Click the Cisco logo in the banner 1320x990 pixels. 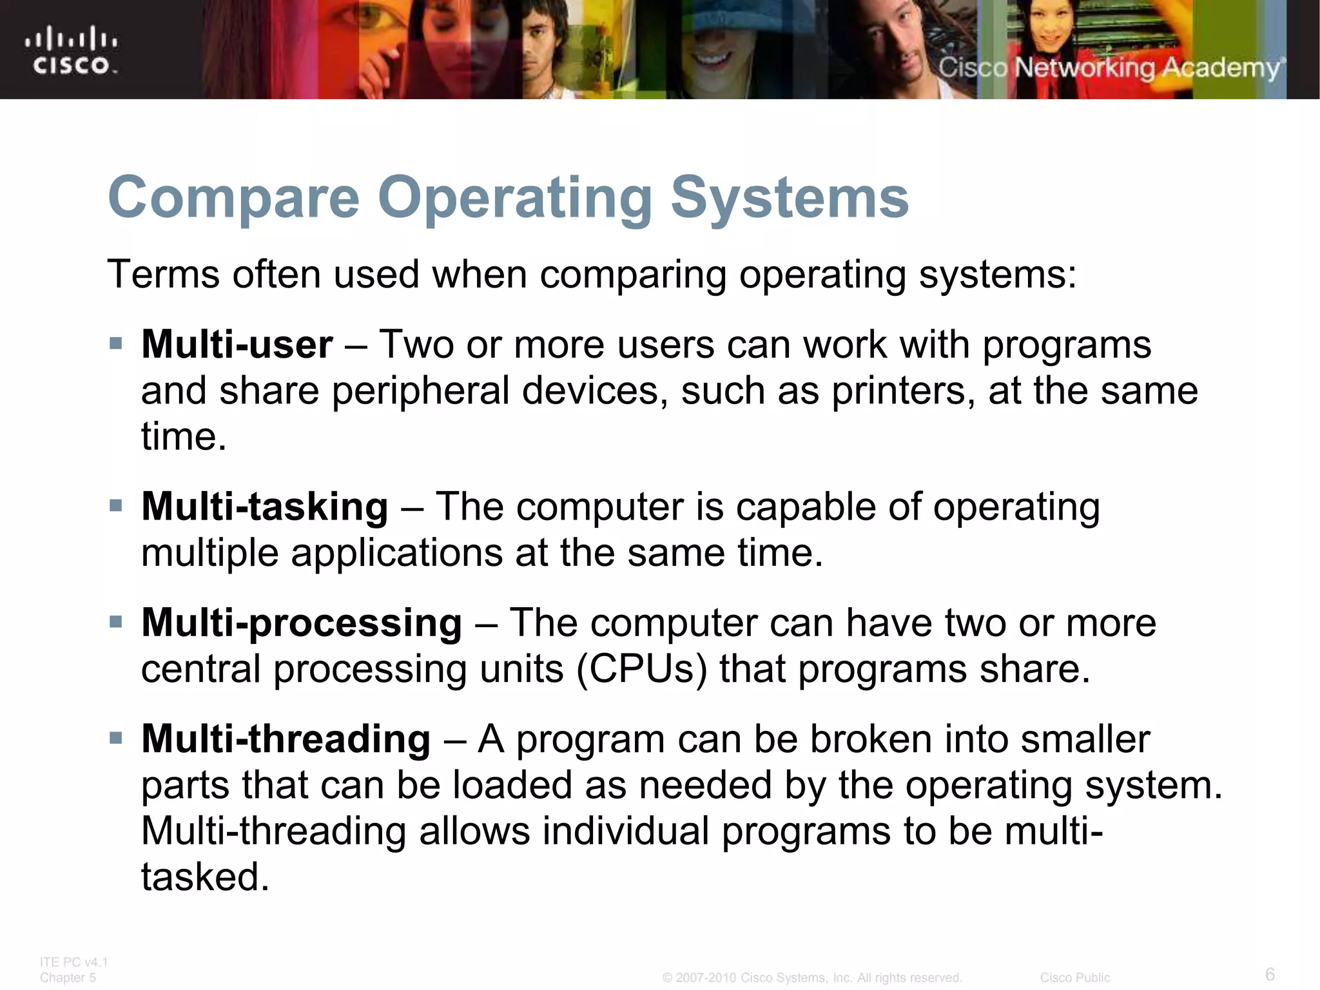[72, 50]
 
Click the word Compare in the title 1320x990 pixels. [234, 199]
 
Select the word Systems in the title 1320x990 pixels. [790, 199]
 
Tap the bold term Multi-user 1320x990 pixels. [237, 345]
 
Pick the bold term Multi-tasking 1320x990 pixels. [264, 507]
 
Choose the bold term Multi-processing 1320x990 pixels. [301, 623]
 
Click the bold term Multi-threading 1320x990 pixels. [286, 739]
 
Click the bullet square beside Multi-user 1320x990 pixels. [116, 343]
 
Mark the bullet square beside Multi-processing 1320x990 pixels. [116, 622]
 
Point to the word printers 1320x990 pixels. [903, 391]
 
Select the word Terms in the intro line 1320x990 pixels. [164, 275]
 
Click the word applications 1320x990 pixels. [396, 553]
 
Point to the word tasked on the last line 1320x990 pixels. [204, 877]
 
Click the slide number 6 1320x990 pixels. [1270, 974]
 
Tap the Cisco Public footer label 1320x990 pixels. [1074, 978]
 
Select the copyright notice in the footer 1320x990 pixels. [812, 978]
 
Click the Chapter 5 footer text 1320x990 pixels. [68, 978]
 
